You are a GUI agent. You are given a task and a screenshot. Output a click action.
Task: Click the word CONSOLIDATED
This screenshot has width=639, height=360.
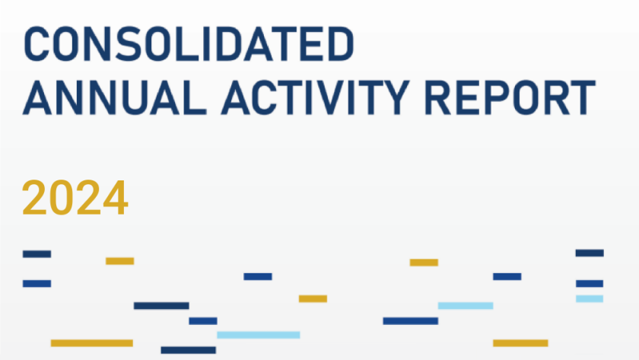coord(189,43)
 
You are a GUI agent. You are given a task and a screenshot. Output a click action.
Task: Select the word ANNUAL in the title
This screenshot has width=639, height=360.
coord(115,97)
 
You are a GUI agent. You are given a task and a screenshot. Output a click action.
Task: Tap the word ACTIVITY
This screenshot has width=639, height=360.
coord(315,97)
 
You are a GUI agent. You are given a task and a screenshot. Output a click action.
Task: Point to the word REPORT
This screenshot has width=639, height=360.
coord(510,97)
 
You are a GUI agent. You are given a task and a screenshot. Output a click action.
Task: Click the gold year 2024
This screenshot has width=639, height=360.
coord(75,198)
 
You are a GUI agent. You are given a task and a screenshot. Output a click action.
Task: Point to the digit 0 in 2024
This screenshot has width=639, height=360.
coord(62,198)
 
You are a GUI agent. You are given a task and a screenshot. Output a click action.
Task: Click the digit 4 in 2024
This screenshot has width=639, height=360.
coord(116,198)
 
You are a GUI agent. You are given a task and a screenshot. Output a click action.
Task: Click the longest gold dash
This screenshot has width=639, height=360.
coord(92,343)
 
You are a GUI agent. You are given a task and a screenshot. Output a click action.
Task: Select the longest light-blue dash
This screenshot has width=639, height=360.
coord(259,335)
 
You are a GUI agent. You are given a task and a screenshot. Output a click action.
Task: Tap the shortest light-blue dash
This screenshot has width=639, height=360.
coord(590,299)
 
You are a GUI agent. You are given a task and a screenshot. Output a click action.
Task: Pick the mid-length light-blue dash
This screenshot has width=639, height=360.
coord(466,306)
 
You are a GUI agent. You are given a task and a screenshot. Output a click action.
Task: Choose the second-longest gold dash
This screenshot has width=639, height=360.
coord(520,343)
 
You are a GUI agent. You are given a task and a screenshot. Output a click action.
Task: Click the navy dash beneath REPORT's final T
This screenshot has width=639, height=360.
coord(590,253)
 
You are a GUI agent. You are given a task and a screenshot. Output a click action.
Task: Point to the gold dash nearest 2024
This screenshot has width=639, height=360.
coord(120,261)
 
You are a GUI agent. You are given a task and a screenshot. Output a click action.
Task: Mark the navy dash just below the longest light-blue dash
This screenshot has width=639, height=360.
coord(189,350)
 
